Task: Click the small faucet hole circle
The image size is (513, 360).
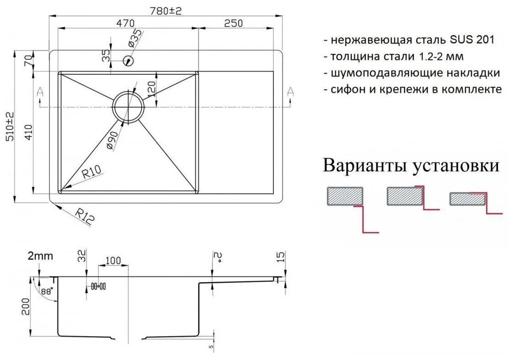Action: pos(128,60)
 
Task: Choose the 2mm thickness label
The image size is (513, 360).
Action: pos(40,256)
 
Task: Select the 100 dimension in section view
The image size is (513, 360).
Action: pos(113,261)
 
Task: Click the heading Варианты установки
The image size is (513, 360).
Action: pos(411,165)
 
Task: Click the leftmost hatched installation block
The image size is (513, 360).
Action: pos(345,196)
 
